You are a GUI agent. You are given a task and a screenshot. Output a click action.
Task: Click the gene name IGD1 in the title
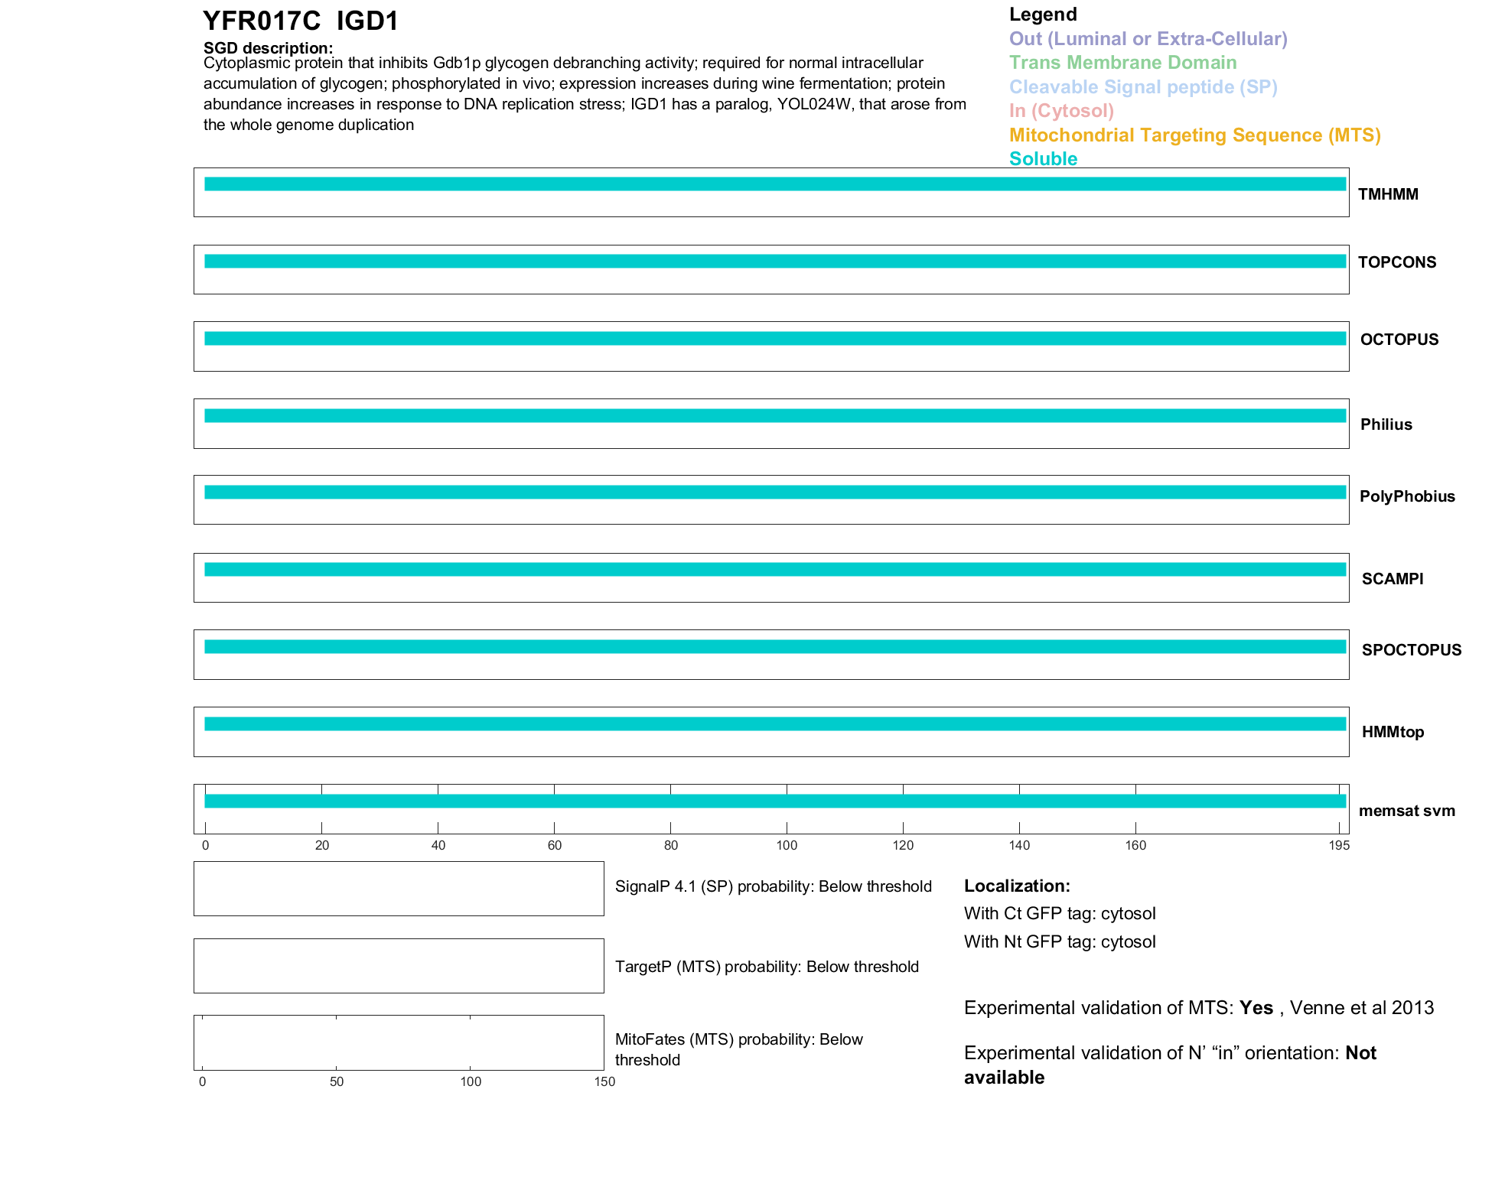click(x=367, y=21)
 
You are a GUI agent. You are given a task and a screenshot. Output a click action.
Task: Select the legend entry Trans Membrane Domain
click(x=1122, y=63)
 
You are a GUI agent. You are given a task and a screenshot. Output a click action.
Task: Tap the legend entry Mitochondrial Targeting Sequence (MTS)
click(x=1194, y=135)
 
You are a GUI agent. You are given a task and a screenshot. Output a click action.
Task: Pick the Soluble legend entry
click(x=1043, y=159)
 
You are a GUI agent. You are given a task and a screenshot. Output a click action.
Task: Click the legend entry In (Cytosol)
click(x=1061, y=111)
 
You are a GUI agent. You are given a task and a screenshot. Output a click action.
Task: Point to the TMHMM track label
click(x=1388, y=194)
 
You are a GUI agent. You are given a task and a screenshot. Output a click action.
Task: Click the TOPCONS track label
click(x=1396, y=262)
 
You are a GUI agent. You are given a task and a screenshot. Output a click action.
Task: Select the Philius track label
click(x=1386, y=424)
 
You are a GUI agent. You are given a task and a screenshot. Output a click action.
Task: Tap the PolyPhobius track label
click(x=1406, y=496)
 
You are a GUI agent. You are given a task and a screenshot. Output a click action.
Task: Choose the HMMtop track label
click(x=1393, y=732)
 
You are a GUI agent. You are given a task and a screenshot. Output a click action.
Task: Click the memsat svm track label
click(x=1406, y=811)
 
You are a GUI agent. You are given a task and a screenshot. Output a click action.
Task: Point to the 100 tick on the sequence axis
click(x=787, y=845)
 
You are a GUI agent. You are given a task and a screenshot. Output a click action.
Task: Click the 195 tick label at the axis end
click(x=1339, y=845)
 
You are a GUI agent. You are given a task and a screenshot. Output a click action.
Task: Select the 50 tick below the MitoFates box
click(x=337, y=1081)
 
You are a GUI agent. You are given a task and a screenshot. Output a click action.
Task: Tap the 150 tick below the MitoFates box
click(x=604, y=1081)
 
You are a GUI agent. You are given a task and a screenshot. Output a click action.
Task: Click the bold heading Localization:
click(x=1017, y=886)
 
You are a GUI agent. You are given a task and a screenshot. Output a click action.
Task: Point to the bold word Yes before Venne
click(x=1256, y=1008)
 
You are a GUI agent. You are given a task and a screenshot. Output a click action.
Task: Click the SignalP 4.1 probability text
click(x=773, y=886)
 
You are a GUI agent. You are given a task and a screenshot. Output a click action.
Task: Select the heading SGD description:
click(x=268, y=48)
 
